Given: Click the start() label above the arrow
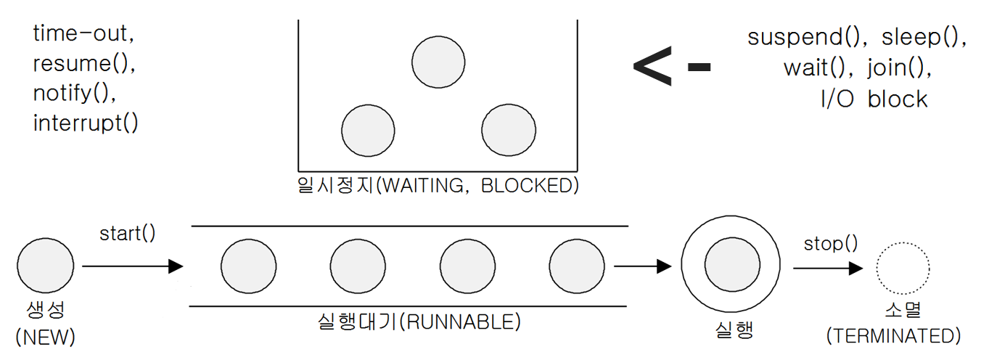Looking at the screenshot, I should (128, 234).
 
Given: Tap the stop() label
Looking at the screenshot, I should (831, 243).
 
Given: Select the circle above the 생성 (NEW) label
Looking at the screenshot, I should (45, 266).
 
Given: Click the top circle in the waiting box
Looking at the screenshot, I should (438, 61).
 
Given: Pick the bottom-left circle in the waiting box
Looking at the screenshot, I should (369, 131).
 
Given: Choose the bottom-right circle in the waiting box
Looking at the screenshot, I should (509, 131).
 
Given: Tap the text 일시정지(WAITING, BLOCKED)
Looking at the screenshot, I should (438, 185).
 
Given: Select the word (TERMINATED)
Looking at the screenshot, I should (893, 336).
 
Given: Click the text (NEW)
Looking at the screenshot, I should (45, 337).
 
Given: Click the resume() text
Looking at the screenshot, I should (84, 64).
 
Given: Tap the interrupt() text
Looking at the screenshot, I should (86, 123).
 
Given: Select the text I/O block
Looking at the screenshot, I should (874, 99).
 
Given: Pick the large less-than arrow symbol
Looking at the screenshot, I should (652, 67).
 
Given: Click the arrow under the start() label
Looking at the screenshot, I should (132, 266).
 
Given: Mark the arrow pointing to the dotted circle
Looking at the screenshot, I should (828, 268).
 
